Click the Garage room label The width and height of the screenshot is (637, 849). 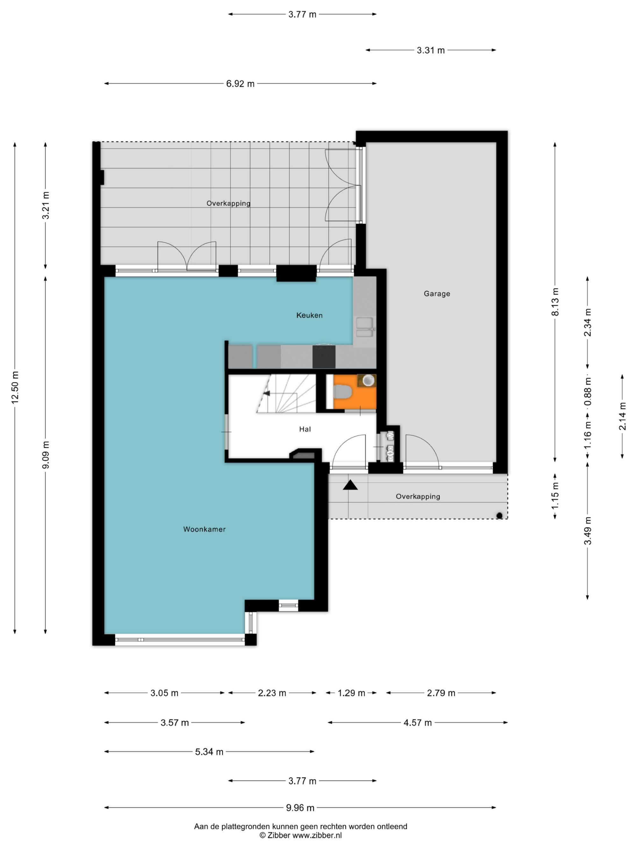(437, 294)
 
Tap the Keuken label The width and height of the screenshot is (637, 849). (309, 315)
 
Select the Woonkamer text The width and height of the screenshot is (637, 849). (204, 529)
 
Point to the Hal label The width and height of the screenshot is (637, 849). (305, 429)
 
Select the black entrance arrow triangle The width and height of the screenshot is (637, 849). (350, 485)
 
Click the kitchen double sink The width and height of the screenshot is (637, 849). (364, 327)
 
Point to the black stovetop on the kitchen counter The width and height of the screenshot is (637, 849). (324, 357)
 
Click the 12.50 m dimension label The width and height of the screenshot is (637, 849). (15, 387)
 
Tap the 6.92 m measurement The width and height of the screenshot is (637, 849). (240, 84)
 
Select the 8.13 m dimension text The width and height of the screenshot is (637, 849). (555, 302)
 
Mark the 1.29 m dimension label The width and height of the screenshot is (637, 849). (351, 693)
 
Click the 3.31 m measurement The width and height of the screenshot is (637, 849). (430, 50)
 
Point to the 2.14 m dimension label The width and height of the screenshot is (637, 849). (622, 416)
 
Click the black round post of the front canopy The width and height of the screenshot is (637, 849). (499, 515)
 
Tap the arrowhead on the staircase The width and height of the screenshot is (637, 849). (266, 393)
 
